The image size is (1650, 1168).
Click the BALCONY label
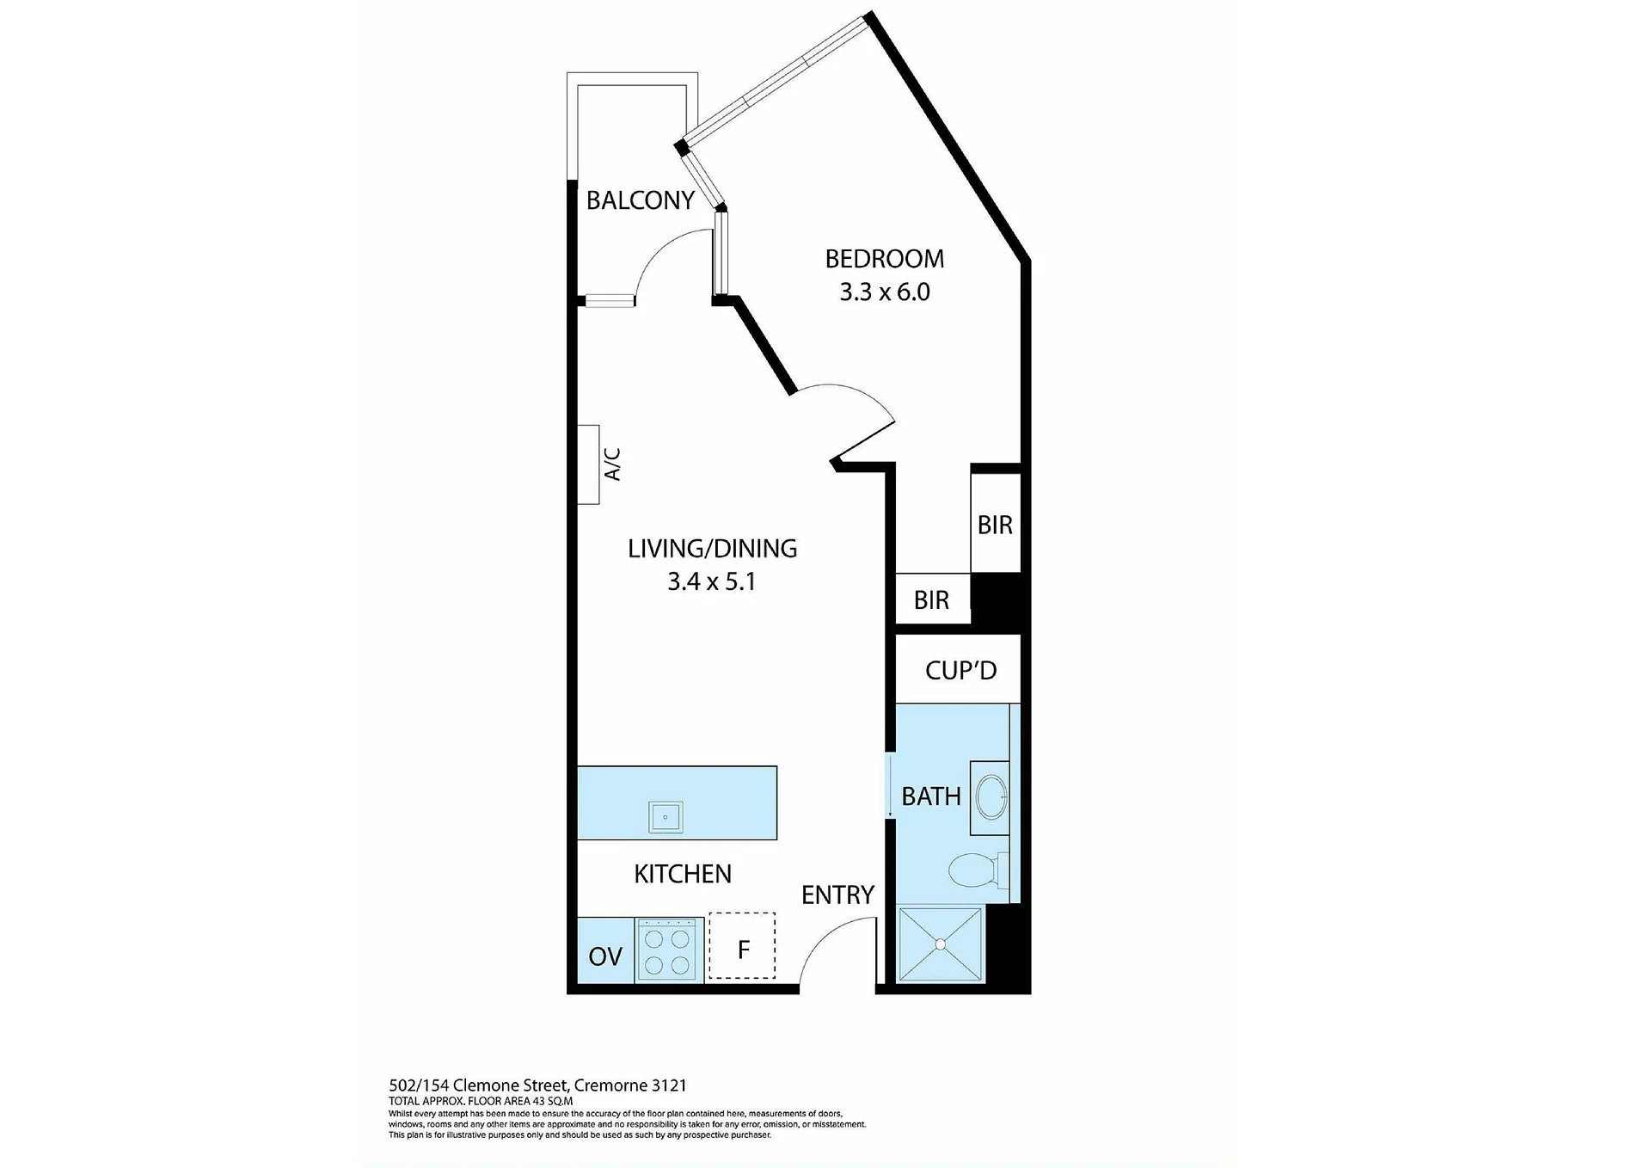[x=640, y=200]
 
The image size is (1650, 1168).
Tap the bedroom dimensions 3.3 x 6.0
[x=885, y=292]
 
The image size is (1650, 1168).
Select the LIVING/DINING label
[x=712, y=549]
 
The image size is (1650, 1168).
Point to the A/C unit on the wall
[x=588, y=464]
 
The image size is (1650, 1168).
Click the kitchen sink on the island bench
[x=666, y=817]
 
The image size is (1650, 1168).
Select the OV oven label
[x=605, y=956]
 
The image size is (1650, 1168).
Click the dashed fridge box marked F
[x=742, y=946]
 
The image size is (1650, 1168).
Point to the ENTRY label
[x=837, y=895]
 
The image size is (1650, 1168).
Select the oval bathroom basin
[x=992, y=797]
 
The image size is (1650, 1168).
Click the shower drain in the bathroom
[x=941, y=944]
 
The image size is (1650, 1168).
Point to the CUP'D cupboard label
[x=960, y=671]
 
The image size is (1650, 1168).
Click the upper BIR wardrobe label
[x=995, y=526]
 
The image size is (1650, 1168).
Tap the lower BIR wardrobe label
[x=931, y=600]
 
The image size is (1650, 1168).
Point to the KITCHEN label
[x=683, y=875]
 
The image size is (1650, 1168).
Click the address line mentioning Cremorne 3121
[x=537, y=1085]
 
